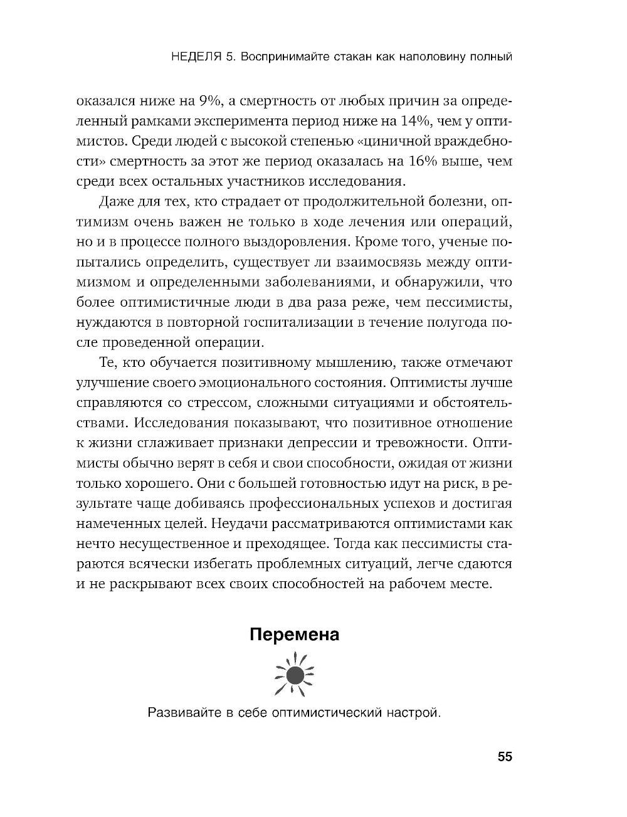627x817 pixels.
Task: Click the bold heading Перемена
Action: [294, 635]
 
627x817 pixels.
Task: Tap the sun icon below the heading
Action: [295, 675]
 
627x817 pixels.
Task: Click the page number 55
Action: [505, 757]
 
